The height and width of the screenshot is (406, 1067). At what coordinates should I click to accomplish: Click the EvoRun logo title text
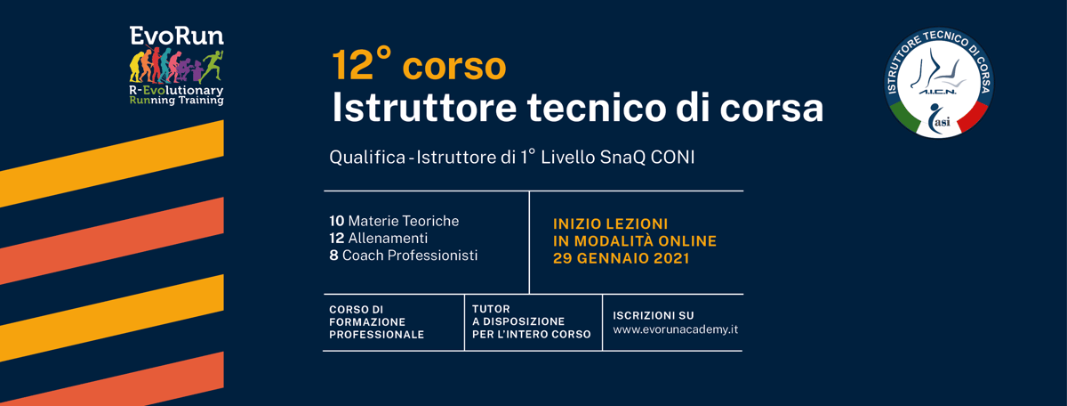[176, 36]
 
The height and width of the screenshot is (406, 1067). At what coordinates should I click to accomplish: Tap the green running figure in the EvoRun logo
[212, 66]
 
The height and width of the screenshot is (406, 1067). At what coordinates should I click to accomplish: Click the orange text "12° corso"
[419, 65]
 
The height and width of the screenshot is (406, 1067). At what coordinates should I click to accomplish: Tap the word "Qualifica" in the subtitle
[367, 158]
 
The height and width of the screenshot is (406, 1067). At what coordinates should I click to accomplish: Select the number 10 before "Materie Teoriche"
[337, 221]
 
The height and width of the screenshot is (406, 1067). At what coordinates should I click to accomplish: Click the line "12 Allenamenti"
[378, 238]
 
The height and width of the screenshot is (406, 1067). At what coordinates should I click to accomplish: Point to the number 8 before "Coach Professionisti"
[333, 256]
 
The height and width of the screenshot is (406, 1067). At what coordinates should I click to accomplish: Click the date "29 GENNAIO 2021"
[622, 258]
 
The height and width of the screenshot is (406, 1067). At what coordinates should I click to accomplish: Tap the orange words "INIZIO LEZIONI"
[610, 223]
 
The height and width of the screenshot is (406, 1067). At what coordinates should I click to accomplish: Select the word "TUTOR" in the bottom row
[491, 309]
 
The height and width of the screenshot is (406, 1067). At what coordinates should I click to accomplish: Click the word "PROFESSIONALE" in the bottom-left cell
[376, 335]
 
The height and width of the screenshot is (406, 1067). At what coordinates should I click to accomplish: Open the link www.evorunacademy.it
[676, 329]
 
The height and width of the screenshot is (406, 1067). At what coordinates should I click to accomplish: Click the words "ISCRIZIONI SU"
[653, 315]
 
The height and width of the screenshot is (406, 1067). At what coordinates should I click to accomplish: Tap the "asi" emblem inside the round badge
[939, 118]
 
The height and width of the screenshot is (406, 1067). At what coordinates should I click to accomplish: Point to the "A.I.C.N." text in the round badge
[937, 92]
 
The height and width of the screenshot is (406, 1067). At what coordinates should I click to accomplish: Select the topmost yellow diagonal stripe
[112, 164]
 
